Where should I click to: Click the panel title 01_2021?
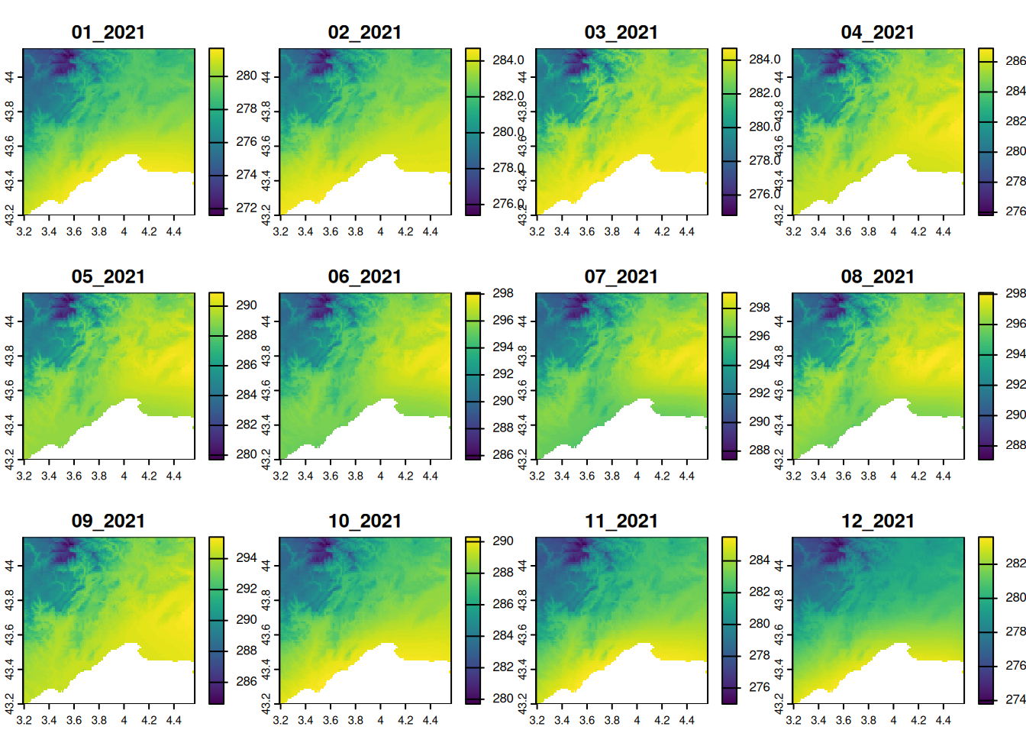(108, 32)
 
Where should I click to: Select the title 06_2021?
(364, 276)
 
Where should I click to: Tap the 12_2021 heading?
(877, 521)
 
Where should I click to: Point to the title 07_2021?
(621, 276)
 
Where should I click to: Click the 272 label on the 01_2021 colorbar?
(247, 208)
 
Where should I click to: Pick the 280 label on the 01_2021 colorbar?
(247, 76)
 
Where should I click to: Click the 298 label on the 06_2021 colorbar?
(503, 293)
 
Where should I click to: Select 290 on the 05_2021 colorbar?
(247, 305)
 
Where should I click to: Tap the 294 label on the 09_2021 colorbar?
(247, 558)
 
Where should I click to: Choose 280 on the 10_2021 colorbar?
(503, 698)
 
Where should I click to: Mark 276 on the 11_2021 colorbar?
(760, 687)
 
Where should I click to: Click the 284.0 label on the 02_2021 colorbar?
(508, 60)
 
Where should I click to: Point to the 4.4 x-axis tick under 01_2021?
(174, 231)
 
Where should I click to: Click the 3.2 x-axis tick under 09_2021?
(24, 720)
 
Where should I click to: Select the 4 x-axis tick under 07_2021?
(637, 476)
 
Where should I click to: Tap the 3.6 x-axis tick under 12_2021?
(844, 720)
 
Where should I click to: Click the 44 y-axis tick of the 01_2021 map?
(9, 77)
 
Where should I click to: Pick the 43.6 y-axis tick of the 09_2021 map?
(9, 635)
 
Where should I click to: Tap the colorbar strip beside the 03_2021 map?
(730, 131)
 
